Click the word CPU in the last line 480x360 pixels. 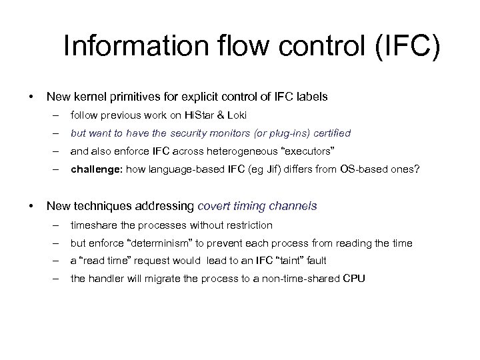pos(353,279)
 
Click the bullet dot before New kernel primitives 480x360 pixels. pos(32,97)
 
